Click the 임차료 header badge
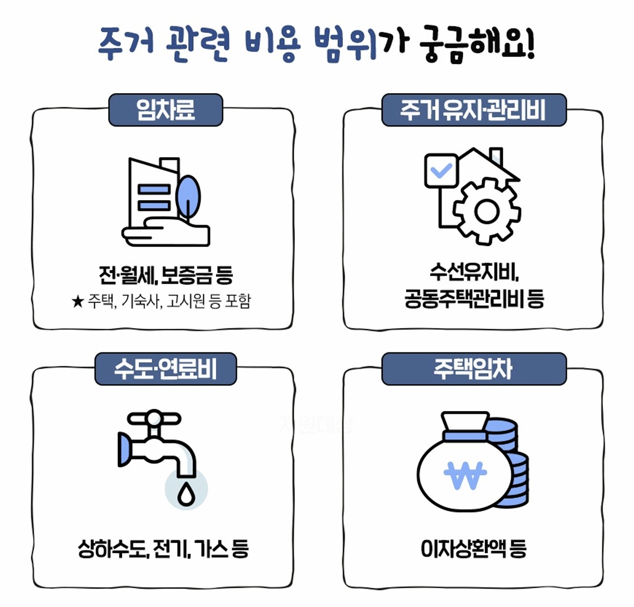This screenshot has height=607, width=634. pos(166,110)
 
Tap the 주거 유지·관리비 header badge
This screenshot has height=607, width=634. pos(474,110)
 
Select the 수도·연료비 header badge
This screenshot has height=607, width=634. pos(166,369)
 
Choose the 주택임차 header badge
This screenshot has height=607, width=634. pos(474,369)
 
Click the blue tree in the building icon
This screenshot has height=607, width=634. pos(188,195)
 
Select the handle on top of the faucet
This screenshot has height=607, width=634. pos(154,419)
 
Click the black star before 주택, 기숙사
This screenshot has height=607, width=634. pos(78,301)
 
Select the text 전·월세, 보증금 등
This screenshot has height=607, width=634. pos(166,275)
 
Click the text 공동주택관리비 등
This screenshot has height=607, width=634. pos(474,299)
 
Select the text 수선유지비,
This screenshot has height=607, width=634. pos(474,273)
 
